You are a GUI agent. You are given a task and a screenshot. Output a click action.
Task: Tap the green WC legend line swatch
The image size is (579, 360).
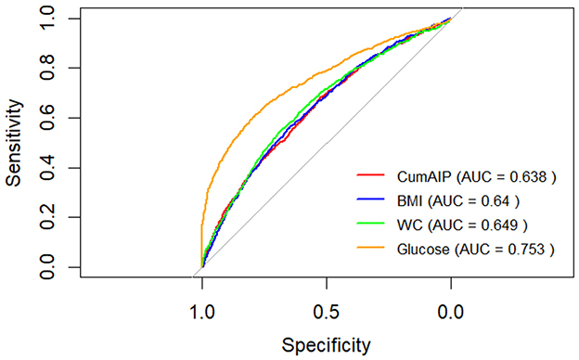[x=373, y=224]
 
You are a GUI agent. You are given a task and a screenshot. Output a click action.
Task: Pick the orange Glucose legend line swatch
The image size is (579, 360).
[x=373, y=248]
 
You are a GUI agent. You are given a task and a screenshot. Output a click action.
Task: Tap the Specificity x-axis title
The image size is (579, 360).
[x=326, y=345]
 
